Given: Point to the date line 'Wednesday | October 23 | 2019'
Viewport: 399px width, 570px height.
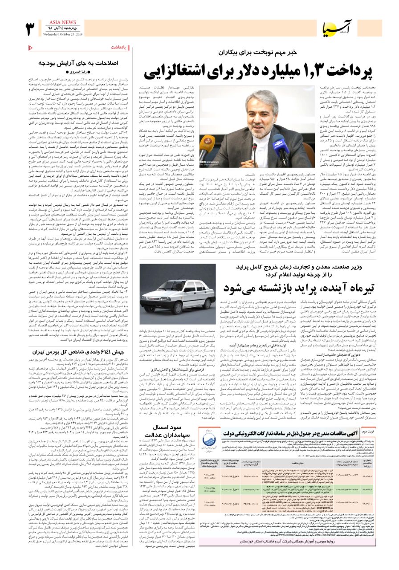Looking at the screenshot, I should (63, 34).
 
